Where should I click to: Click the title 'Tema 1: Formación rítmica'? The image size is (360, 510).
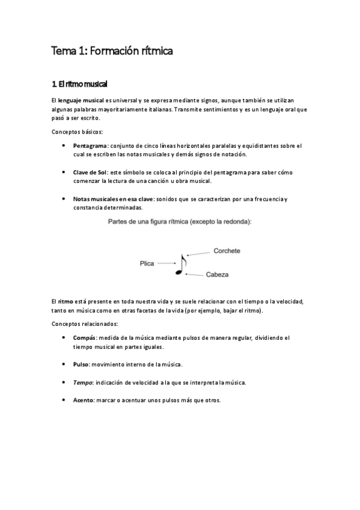(x=112, y=52)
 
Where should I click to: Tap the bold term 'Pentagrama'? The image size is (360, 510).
(x=90, y=146)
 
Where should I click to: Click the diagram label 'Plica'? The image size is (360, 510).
(x=147, y=263)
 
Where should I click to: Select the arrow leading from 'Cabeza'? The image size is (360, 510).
(x=194, y=274)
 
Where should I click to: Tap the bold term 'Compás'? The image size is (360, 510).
(x=84, y=337)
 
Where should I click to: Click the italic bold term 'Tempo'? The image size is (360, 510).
(x=82, y=382)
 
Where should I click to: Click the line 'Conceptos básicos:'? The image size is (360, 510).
(x=77, y=131)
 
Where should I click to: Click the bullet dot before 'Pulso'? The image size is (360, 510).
(x=64, y=364)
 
